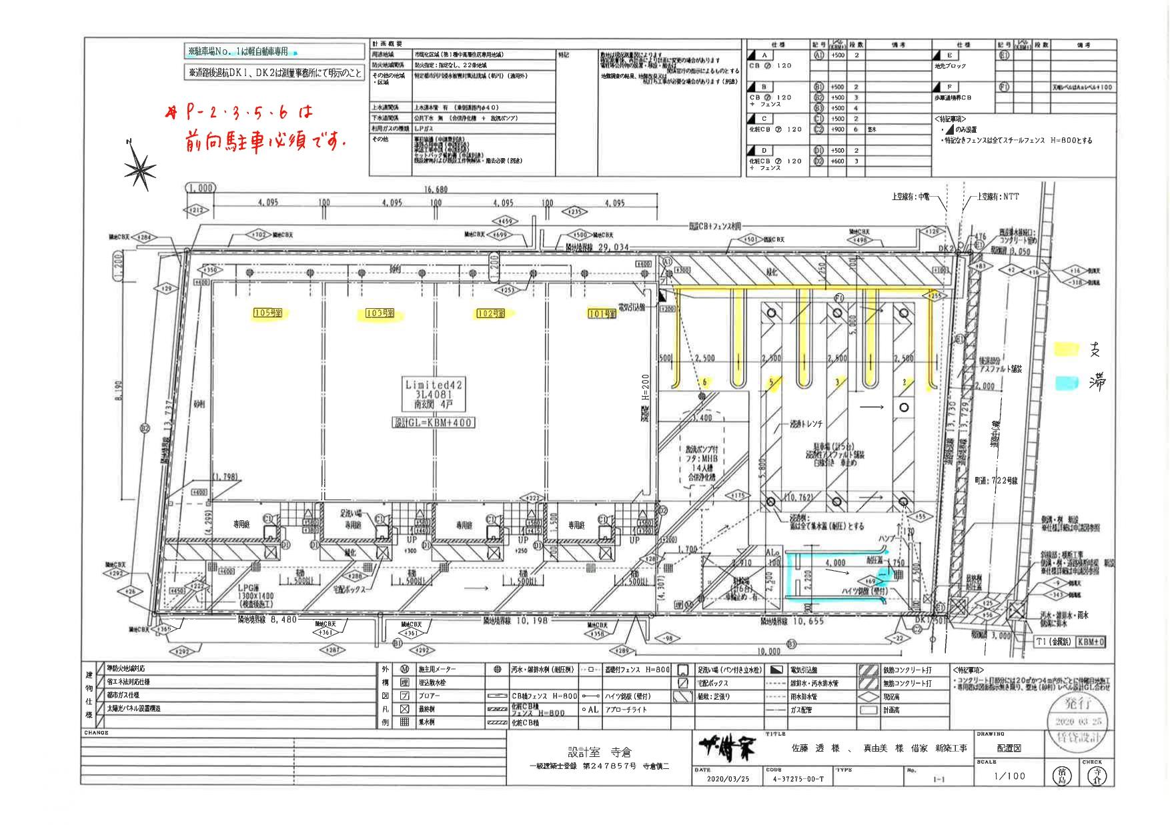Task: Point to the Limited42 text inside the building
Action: [x=434, y=385]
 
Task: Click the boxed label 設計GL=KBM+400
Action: [x=433, y=423]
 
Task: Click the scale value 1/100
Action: [x=1009, y=776]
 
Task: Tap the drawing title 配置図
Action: [x=1009, y=748]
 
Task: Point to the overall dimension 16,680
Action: [x=436, y=189]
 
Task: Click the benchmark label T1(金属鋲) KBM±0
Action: [x=1071, y=642]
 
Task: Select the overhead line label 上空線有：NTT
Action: [x=998, y=197]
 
